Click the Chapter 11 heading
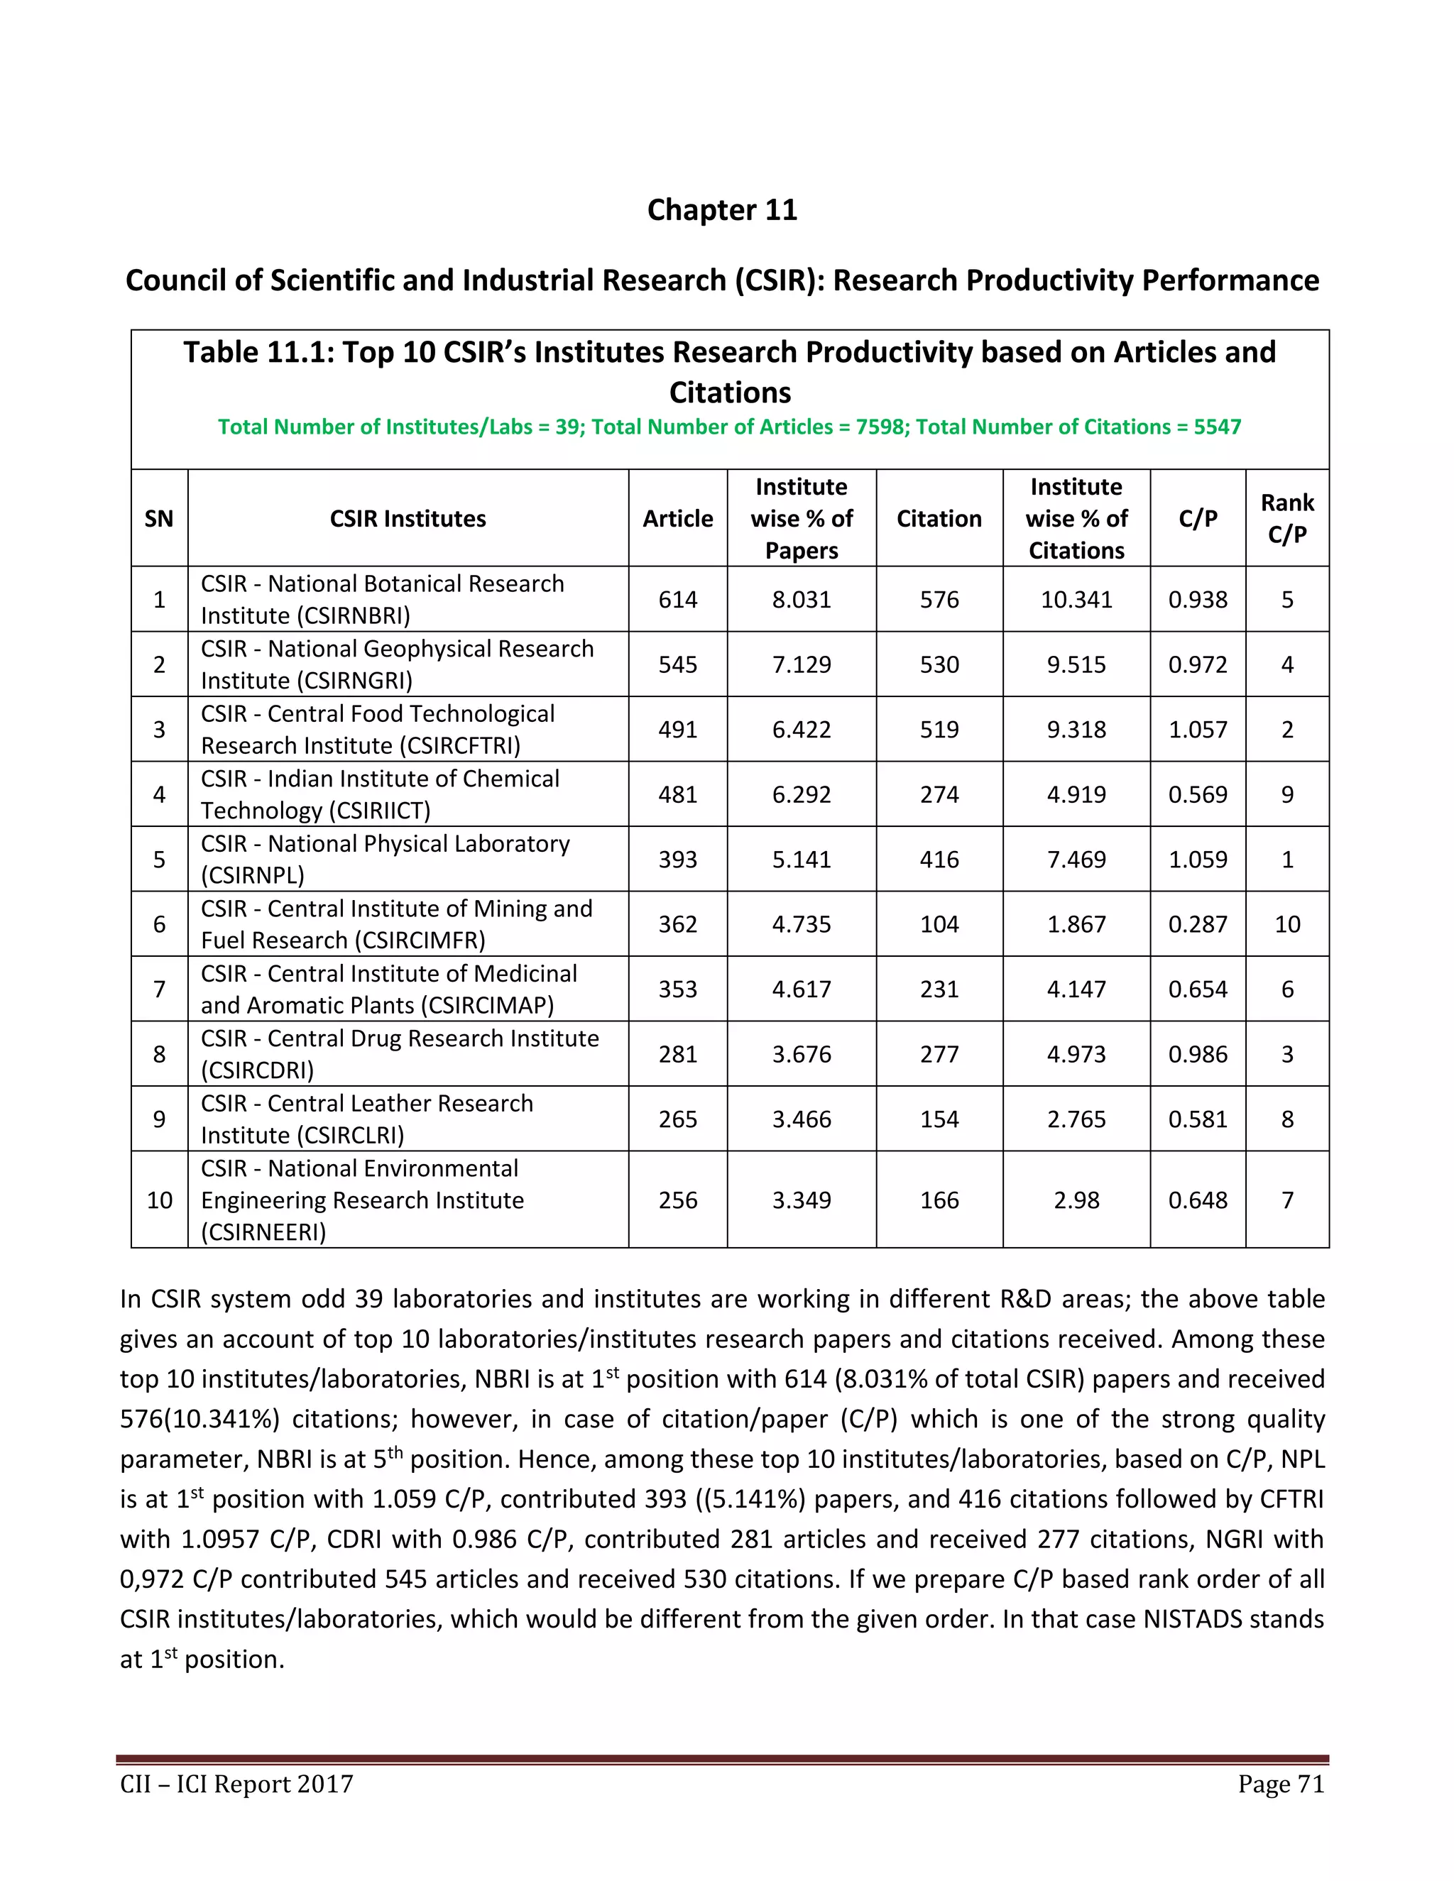(x=722, y=210)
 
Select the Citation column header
(x=939, y=518)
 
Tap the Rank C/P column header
(x=1287, y=518)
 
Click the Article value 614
(x=678, y=600)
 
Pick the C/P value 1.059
(x=1197, y=860)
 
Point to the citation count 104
(x=939, y=924)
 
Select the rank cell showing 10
(x=1287, y=924)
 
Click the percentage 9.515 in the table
(x=1076, y=664)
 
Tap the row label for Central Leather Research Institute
(x=367, y=1119)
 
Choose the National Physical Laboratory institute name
(x=385, y=859)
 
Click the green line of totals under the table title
(x=728, y=427)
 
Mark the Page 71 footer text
(x=1281, y=1784)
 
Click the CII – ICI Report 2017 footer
(x=237, y=1784)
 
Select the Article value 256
(x=678, y=1200)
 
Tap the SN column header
(x=159, y=518)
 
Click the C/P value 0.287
(x=1197, y=924)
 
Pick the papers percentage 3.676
(x=801, y=1054)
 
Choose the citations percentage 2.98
(x=1076, y=1200)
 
